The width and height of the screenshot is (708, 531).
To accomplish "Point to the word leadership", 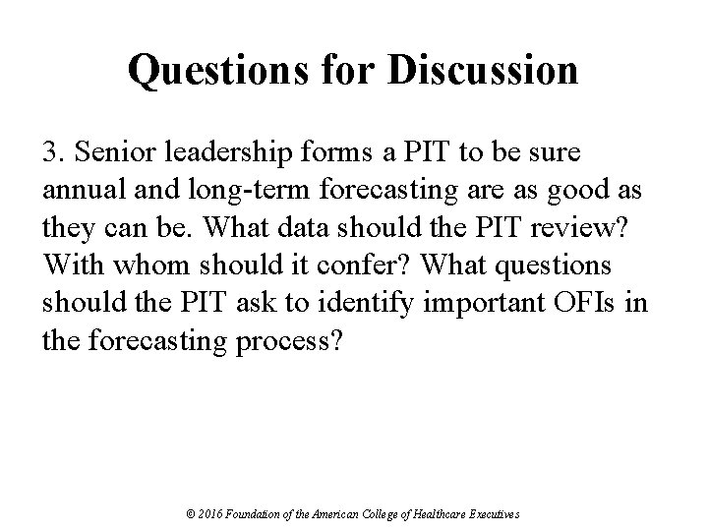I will (x=219, y=153).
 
